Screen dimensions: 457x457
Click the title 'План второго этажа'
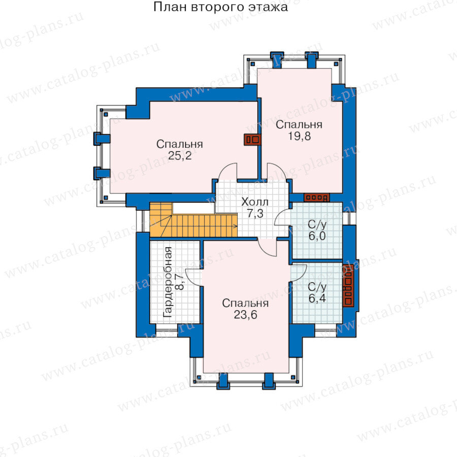[x=220, y=7]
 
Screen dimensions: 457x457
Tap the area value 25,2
[x=180, y=156]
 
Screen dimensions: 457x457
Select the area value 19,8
[x=299, y=136]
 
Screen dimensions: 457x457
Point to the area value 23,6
[x=245, y=315]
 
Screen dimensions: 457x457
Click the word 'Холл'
[x=255, y=202]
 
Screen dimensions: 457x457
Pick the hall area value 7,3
[x=255, y=214]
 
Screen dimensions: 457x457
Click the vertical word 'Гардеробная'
[x=168, y=282]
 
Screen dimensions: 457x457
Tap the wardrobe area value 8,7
[x=180, y=281]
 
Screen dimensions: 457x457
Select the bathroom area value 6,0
[x=317, y=236]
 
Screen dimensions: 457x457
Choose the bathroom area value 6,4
[x=317, y=298]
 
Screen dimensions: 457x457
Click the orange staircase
[x=193, y=221]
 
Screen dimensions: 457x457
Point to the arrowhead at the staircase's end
[x=235, y=225]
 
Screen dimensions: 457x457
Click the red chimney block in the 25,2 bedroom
[x=252, y=140]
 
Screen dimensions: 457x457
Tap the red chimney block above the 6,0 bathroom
[x=317, y=198]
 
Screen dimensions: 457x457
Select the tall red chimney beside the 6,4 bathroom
[x=348, y=285]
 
